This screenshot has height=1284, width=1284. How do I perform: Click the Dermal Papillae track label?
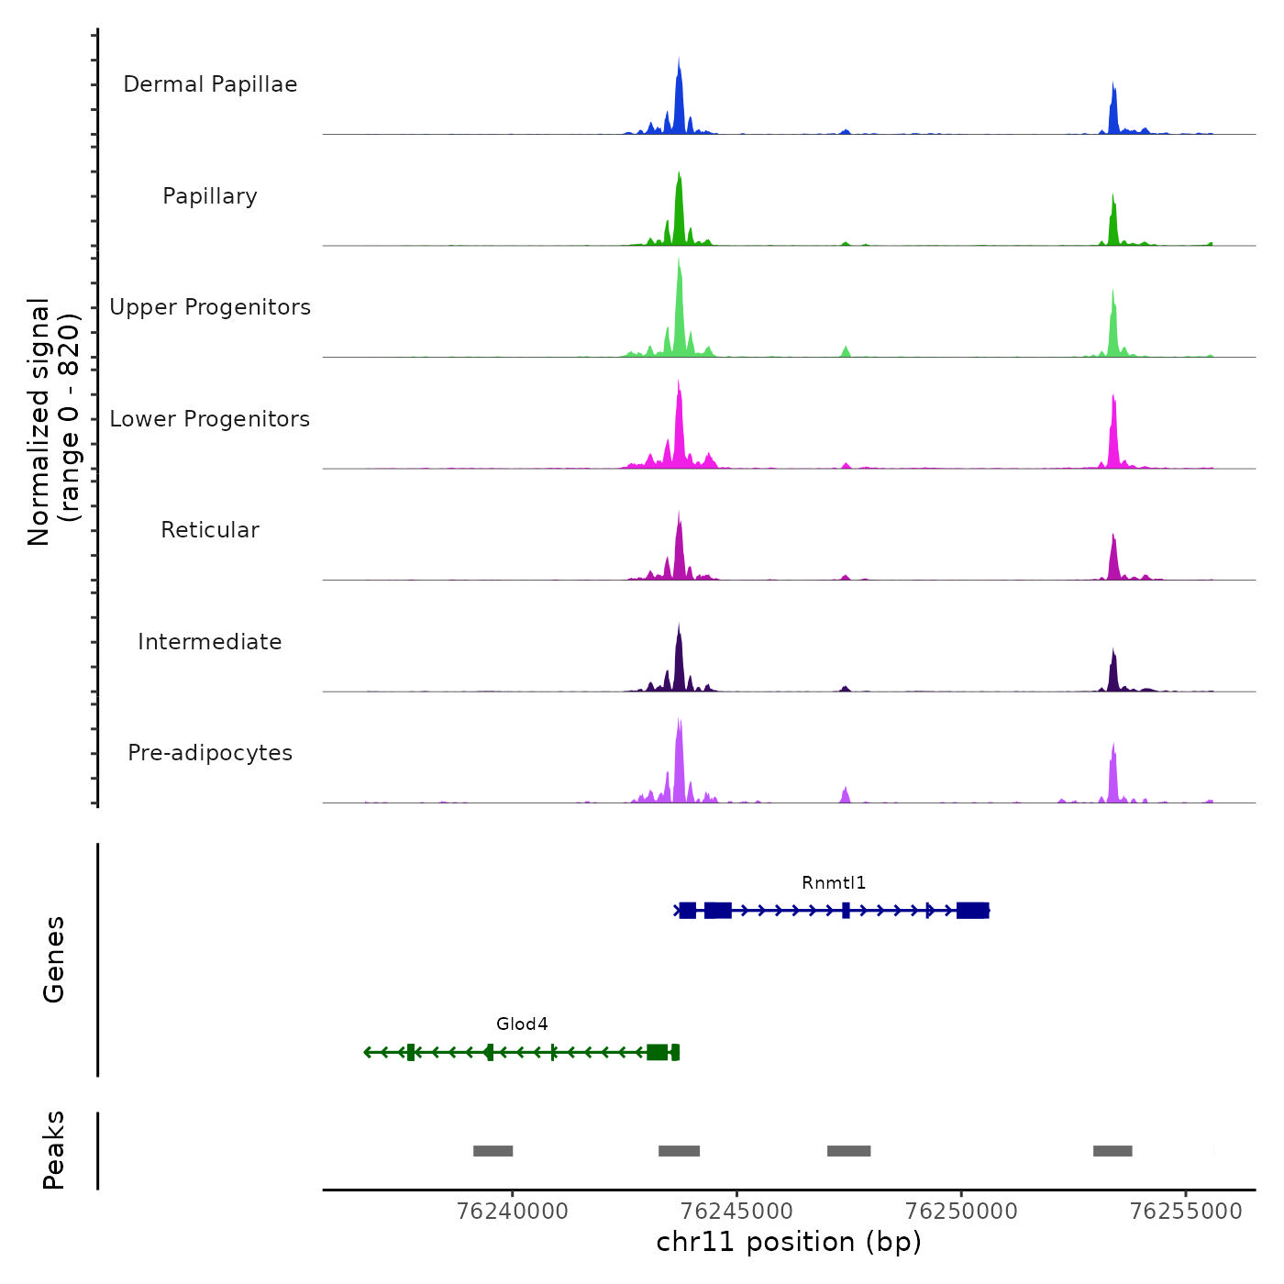click(x=210, y=84)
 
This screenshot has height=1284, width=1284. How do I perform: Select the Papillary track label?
click(x=210, y=196)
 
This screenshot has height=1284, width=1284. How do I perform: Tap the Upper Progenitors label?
click(x=210, y=307)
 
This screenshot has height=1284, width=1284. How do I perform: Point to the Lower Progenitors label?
click(x=210, y=419)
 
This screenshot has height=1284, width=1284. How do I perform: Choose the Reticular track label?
click(x=210, y=530)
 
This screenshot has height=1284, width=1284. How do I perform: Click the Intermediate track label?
click(x=210, y=642)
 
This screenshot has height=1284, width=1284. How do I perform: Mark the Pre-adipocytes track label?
click(x=210, y=753)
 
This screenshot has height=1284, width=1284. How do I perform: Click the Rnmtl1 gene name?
click(x=834, y=883)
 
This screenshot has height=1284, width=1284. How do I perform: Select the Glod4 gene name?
click(x=522, y=1024)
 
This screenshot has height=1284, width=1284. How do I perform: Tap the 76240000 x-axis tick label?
click(x=512, y=1212)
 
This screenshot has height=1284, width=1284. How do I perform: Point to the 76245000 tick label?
click(x=737, y=1212)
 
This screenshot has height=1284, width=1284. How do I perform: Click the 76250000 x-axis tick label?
click(x=961, y=1212)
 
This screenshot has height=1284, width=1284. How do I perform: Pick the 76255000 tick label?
click(x=1186, y=1212)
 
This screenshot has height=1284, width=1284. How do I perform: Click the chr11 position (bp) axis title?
click(x=789, y=1243)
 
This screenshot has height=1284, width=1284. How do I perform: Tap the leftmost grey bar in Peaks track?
click(x=493, y=1151)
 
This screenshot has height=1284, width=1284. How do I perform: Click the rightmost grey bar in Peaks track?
click(x=1112, y=1151)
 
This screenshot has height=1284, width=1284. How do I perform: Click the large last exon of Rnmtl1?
click(x=972, y=911)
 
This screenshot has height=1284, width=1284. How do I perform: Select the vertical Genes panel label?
click(x=54, y=959)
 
